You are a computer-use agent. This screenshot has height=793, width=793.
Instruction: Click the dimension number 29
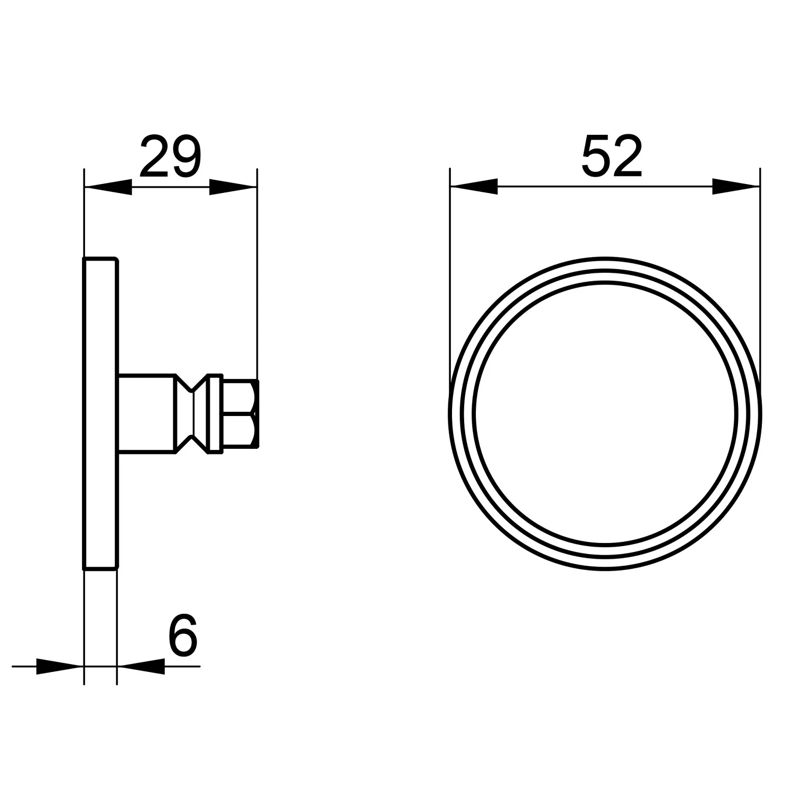click(x=171, y=156)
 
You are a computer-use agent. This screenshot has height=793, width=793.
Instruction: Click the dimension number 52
click(x=612, y=156)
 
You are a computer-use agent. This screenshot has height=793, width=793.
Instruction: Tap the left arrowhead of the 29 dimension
click(x=108, y=187)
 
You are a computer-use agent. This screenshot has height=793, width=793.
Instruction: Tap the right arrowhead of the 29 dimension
click(x=233, y=187)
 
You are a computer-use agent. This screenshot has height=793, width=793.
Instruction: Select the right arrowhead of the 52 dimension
click(x=736, y=187)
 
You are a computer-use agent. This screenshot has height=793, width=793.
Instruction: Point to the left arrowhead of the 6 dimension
click(x=60, y=666)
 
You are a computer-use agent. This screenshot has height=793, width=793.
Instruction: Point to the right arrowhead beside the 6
click(x=141, y=666)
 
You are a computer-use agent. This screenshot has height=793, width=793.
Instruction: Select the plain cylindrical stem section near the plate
click(x=146, y=414)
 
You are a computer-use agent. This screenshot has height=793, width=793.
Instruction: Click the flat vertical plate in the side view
click(x=100, y=414)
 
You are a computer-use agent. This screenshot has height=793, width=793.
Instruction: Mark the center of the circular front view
click(x=605, y=414)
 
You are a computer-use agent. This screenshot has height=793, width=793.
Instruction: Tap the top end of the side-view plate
click(x=100, y=260)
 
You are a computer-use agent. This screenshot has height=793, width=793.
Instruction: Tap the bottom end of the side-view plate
click(x=100, y=568)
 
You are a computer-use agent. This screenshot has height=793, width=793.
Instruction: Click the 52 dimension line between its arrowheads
click(x=605, y=187)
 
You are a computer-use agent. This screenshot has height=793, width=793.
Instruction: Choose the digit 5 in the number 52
click(x=595, y=156)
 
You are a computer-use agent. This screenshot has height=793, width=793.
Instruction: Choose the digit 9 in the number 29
click(x=186, y=156)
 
